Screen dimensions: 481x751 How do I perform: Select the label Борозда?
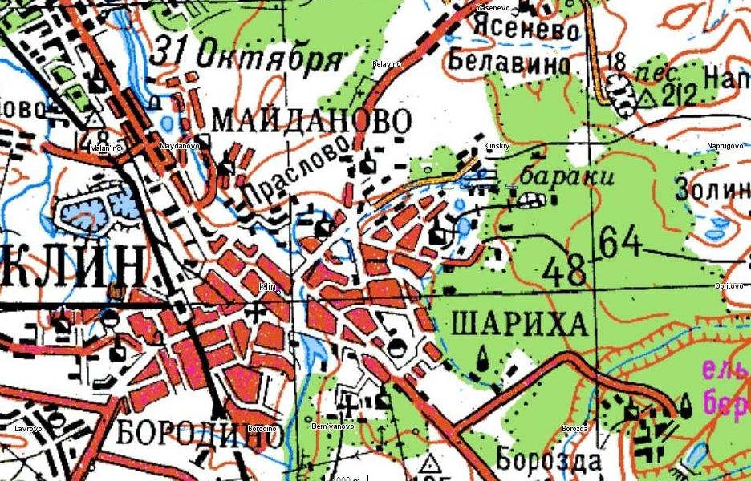pyautogui.click(x=549, y=461)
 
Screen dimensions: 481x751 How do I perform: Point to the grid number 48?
pyautogui.click(x=563, y=272)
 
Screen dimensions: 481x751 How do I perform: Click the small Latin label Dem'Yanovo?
pyautogui.click(x=332, y=426)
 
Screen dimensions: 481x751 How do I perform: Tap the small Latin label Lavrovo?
pyautogui.click(x=28, y=429)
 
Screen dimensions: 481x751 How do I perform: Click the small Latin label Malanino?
pyautogui.click(x=105, y=148)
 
